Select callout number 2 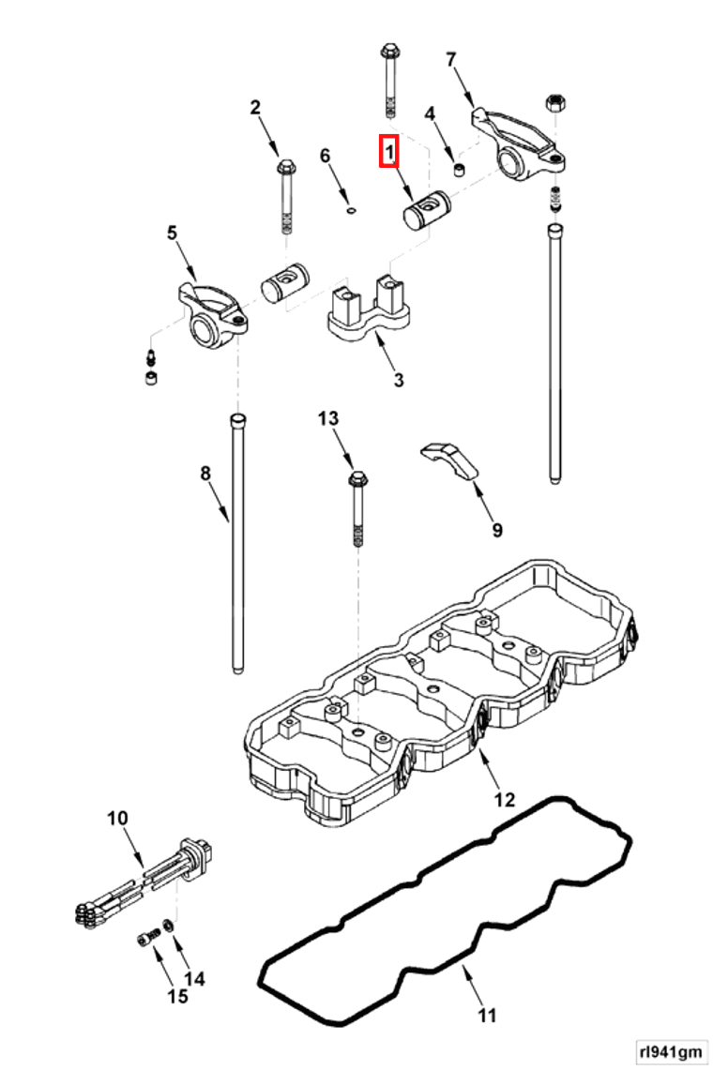pos(255,108)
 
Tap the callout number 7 pos(450,60)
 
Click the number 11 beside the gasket pos(486,1015)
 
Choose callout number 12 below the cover pos(505,800)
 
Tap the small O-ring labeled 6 pos(350,211)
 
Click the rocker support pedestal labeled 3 pos(368,311)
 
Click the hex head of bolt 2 pos(284,169)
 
